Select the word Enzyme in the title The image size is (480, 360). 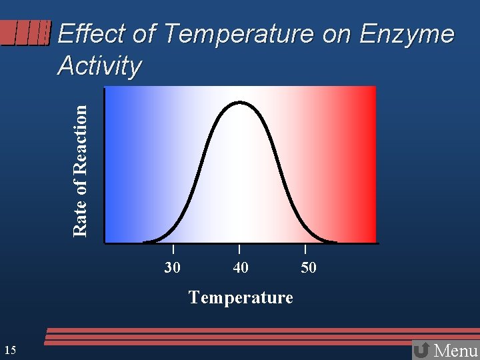click(407, 34)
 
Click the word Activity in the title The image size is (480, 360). click(99, 66)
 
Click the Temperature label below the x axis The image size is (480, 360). click(241, 297)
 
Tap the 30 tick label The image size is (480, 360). click(173, 268)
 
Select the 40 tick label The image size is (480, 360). click(240, 268)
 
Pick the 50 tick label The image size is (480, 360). click(308, 268)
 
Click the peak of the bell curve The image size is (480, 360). click(241, 103)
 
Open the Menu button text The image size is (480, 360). click(455, 350)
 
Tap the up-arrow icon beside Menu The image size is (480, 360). click(421, 350)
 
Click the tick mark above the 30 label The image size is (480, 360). click(173, 249)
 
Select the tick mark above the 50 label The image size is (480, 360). click(305, 249)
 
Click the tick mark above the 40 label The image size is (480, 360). click(239, 249)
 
